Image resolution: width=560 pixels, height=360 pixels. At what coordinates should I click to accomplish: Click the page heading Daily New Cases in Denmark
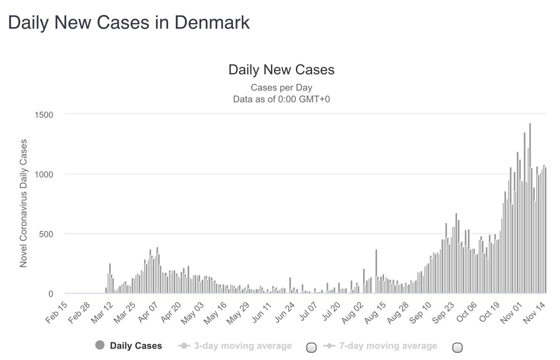(x=129, y=23)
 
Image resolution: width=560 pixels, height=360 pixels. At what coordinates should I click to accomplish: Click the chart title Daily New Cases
(x=281, y=70)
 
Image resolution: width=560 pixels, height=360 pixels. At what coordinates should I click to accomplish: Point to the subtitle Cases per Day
(x=281, y=87)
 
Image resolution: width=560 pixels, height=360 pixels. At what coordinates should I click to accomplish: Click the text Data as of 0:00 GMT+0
(x=281, y=98)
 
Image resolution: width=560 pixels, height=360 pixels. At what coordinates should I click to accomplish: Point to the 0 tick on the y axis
(x=52, y=294)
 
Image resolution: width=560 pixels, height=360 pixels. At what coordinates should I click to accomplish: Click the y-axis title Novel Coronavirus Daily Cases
(x=23, y=203)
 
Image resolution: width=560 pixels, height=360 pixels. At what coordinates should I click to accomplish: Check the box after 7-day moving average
(x=458, y=346)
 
